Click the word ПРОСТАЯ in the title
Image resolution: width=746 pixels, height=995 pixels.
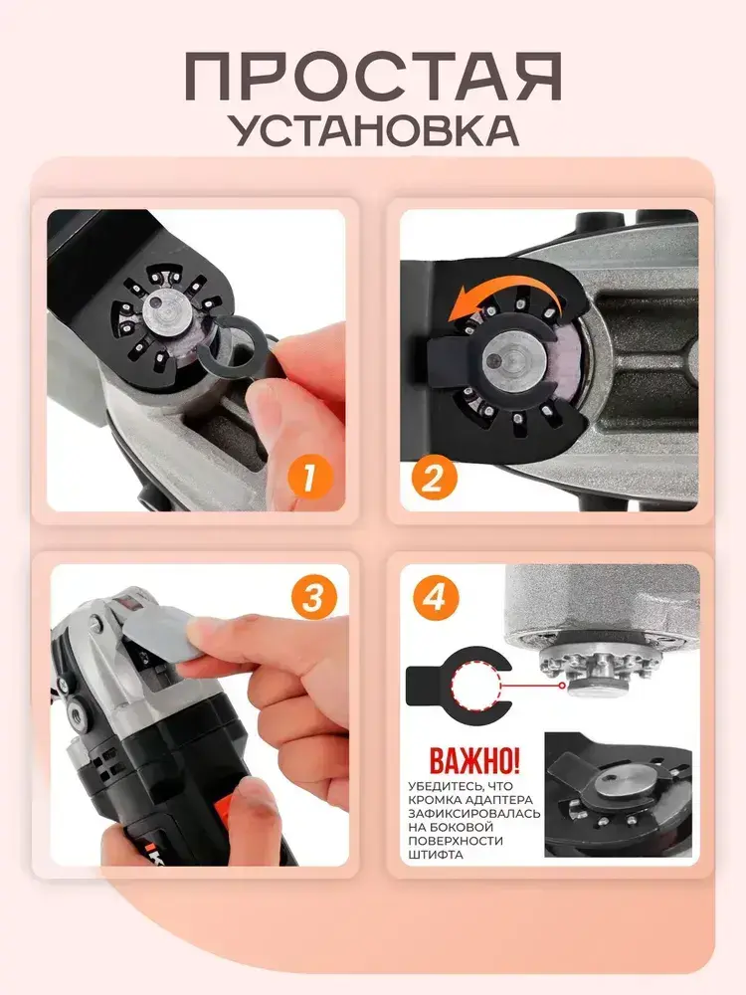pyautogui.click(x=374, y=77)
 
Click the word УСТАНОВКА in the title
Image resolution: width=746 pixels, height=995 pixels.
pyautogui.click(x=374, y=130)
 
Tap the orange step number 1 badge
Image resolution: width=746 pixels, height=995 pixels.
pyautogui.click(x=309, y=477)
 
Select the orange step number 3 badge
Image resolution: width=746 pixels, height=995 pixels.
pyautogui.click(x=312, y=597)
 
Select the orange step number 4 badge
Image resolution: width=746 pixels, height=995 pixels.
pyautogui.click(x=435, y=597)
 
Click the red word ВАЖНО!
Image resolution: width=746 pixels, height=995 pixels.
pyautogui.click(x=474, y=759)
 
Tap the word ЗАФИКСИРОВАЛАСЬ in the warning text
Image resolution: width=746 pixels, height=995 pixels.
pyautogui.click(x=474, y=814)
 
